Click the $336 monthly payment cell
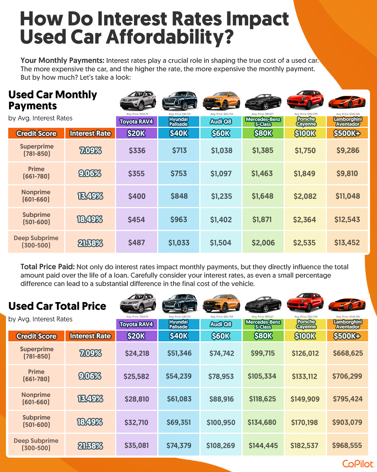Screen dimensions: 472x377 pos(137,151)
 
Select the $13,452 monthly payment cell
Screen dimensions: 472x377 pos(347,243)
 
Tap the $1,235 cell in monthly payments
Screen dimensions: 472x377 pos(221,196)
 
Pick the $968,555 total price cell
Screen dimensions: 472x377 pos(347,445)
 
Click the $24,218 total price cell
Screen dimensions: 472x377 pos(137,353)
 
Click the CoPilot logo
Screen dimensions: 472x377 pos(358,464)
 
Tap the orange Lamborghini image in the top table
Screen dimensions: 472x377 pos(347,102)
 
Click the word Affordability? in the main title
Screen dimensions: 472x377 pos(170,37)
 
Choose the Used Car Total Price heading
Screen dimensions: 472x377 pos(57,306)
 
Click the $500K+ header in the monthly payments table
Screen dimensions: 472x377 pos(347,133)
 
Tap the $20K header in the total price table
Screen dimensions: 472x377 pos(136,336)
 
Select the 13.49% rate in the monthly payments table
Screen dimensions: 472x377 pos(90,196)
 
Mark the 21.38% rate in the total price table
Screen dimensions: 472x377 pos(90,446)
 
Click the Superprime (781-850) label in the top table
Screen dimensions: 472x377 pos(37,150)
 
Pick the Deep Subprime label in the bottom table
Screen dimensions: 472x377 pos(36,444)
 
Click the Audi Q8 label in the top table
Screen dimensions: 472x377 pos(221,122)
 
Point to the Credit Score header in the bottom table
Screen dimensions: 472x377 pos(36,336)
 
